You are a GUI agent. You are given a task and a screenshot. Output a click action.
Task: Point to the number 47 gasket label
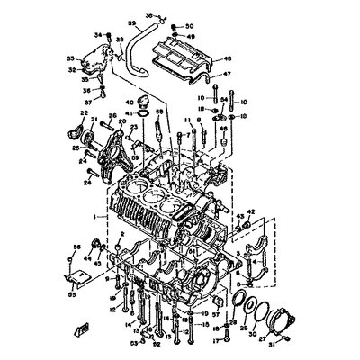226,74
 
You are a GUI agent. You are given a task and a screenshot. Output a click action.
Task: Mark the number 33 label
70,59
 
